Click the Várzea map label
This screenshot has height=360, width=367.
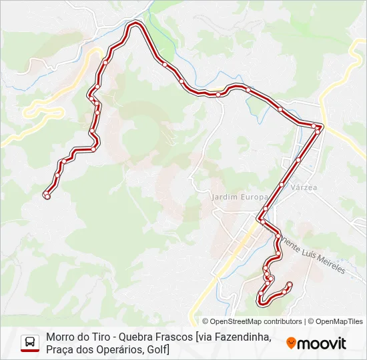304,188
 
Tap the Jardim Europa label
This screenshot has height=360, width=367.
239,197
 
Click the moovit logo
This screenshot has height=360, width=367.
316,343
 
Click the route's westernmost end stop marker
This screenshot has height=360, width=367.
47,195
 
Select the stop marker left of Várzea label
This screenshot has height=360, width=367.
282,185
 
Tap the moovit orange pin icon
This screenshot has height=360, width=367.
291,343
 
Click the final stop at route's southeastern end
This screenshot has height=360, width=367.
290,285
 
